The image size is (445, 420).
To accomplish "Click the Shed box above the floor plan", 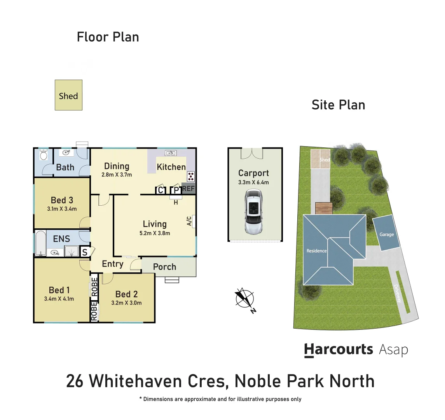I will (x=68, y=95).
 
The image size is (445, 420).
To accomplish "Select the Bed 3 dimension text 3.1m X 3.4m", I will (x=62, y=209).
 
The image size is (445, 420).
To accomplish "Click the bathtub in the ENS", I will (x=40, y=243).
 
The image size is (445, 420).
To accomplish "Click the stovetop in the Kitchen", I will (x=191, y=176).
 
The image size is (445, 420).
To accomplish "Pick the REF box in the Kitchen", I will (x=188, y=189).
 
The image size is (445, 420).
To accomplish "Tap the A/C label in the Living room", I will (x=189, y=221).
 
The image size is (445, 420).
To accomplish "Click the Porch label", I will (x=164, y=267).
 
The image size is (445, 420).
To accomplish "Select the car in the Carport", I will (x=253, y=212).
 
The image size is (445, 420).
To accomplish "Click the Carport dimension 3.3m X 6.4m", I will (x=253, y=182).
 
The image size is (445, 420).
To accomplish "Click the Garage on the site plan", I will (x=386, y=233).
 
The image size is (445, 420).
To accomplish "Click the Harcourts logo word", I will (x=338, y=349).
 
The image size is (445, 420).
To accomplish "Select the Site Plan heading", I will (x=338, y=105).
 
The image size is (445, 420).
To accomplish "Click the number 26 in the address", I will (x=75, y=381).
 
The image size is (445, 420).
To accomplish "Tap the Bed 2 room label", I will (x=126, y=294).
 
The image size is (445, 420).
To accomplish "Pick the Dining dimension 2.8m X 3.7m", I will (x=117, y=175).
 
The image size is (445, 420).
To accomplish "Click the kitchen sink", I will (x=171, y=153).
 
